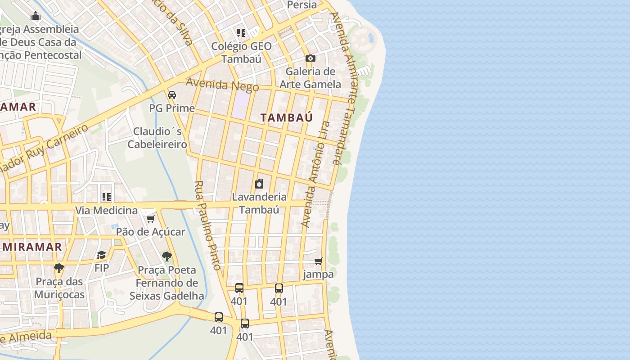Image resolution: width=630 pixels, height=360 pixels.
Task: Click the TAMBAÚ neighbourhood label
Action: pyautogui.click(x=286, y=117)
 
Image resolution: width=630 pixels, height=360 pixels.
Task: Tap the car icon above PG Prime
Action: pyautogui.click(x=172, y=95)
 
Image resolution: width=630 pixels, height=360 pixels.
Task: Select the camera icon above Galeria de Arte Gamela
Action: pyautogui.click(x=310, y=58)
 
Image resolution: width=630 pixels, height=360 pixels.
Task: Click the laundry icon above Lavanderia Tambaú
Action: pyautogui.click(x=259, y=184)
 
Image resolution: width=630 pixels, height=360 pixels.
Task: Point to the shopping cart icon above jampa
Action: pyautogui.click(x=319, y=261)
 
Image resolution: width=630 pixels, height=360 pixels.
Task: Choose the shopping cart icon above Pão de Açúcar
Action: pyautogui.click(x=150, y=219)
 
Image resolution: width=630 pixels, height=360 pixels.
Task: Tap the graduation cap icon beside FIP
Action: pyautogui.click(x=102, y=255)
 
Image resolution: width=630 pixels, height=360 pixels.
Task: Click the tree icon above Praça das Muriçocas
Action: pyautogui.click(x=59, y=268)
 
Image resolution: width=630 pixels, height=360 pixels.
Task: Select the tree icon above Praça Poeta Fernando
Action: pyautogui.click(x=167, y=256)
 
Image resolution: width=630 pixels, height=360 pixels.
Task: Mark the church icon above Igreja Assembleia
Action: pyautogui.click(x=36, y=17)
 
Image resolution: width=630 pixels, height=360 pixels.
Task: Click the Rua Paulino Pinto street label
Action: pyautogui.click(x=208, y=225)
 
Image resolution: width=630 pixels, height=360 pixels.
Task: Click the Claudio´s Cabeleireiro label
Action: pyautogui.click(x=157, y=138)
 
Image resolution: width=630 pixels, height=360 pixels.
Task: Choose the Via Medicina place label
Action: pyautogui.click(x=106, y=210)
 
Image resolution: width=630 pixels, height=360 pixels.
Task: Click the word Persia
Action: pyautogui.click(x=301, y=5)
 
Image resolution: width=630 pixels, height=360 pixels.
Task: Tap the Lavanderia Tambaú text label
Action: pyautogui.click(x=259, y=203)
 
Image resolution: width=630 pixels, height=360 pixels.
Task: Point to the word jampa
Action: pyautogui.click(x=319, y=274)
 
